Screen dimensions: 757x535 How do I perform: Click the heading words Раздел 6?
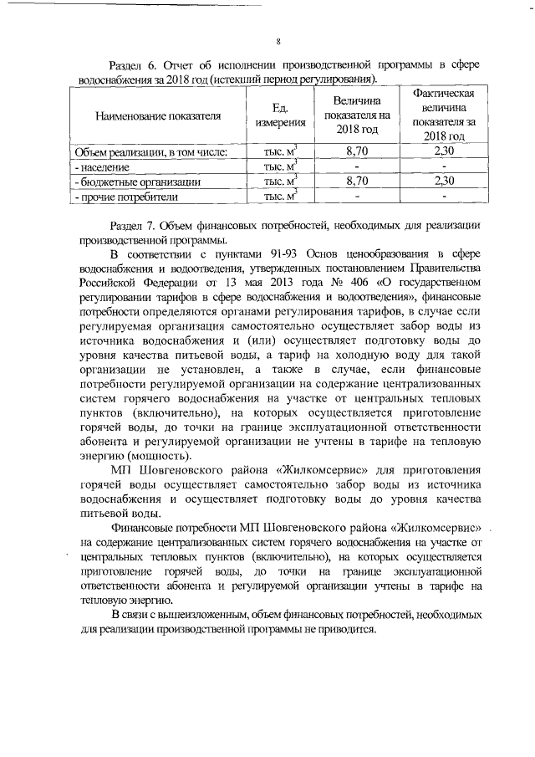[131, 65]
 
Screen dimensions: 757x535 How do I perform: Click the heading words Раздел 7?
[131, 226]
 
